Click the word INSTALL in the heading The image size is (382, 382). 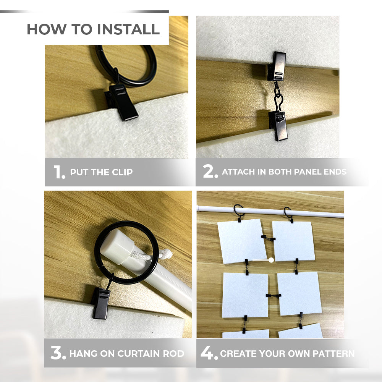pyautogui.click(x=128, y=29)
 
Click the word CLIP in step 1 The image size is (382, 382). pyautogui.click(x=122, y=172)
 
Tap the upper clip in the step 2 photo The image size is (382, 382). pyautogui.click(x=277, y=66)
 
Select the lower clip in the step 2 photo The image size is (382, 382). pyautogui.click(x=278, y=126)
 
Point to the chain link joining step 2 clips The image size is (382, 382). pyautogui.click(x=278, y=97)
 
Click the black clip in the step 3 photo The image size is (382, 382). pyautogui.click(x=100, y=303)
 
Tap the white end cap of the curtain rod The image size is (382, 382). pyautogui.click(x=117, y=246)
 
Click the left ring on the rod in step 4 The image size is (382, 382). pyautogui.click(x=239, y=211)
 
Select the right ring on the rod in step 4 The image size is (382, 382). pyautogui.click(x=288, y=212)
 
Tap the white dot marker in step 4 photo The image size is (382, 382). pyautogui.click(x=271, y=260)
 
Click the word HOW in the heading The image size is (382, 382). pyautogui.click(x=46, y=29)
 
